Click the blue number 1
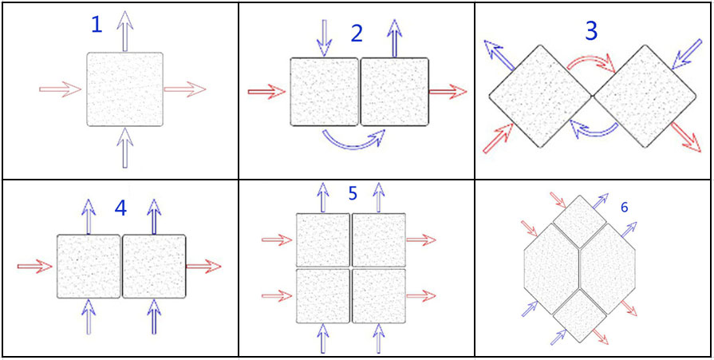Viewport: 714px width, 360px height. [x=97, y=25]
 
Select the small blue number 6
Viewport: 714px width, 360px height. [x=625, y=208]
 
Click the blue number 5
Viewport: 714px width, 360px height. [x=352, y=193]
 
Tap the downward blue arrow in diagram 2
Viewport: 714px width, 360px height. [x=324, y=38]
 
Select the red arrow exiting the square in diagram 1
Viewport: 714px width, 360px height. [x=185, y=89]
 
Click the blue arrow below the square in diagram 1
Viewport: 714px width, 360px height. [x=124, y=148]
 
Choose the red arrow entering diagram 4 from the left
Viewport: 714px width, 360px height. [x=35, y=266]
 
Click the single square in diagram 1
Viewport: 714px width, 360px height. [x=124, y=89]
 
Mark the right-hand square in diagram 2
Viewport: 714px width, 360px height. [x=395, y=91]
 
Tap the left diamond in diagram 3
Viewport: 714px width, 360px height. [x=540, y=96]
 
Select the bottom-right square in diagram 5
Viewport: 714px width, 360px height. [x=379, y=296]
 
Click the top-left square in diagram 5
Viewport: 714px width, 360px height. [x=323, y=239]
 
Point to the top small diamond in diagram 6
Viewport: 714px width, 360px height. [x=580, y=222]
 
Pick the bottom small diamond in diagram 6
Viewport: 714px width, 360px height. [x=580, y=316]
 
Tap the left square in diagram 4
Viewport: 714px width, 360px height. [x=89, y=266]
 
